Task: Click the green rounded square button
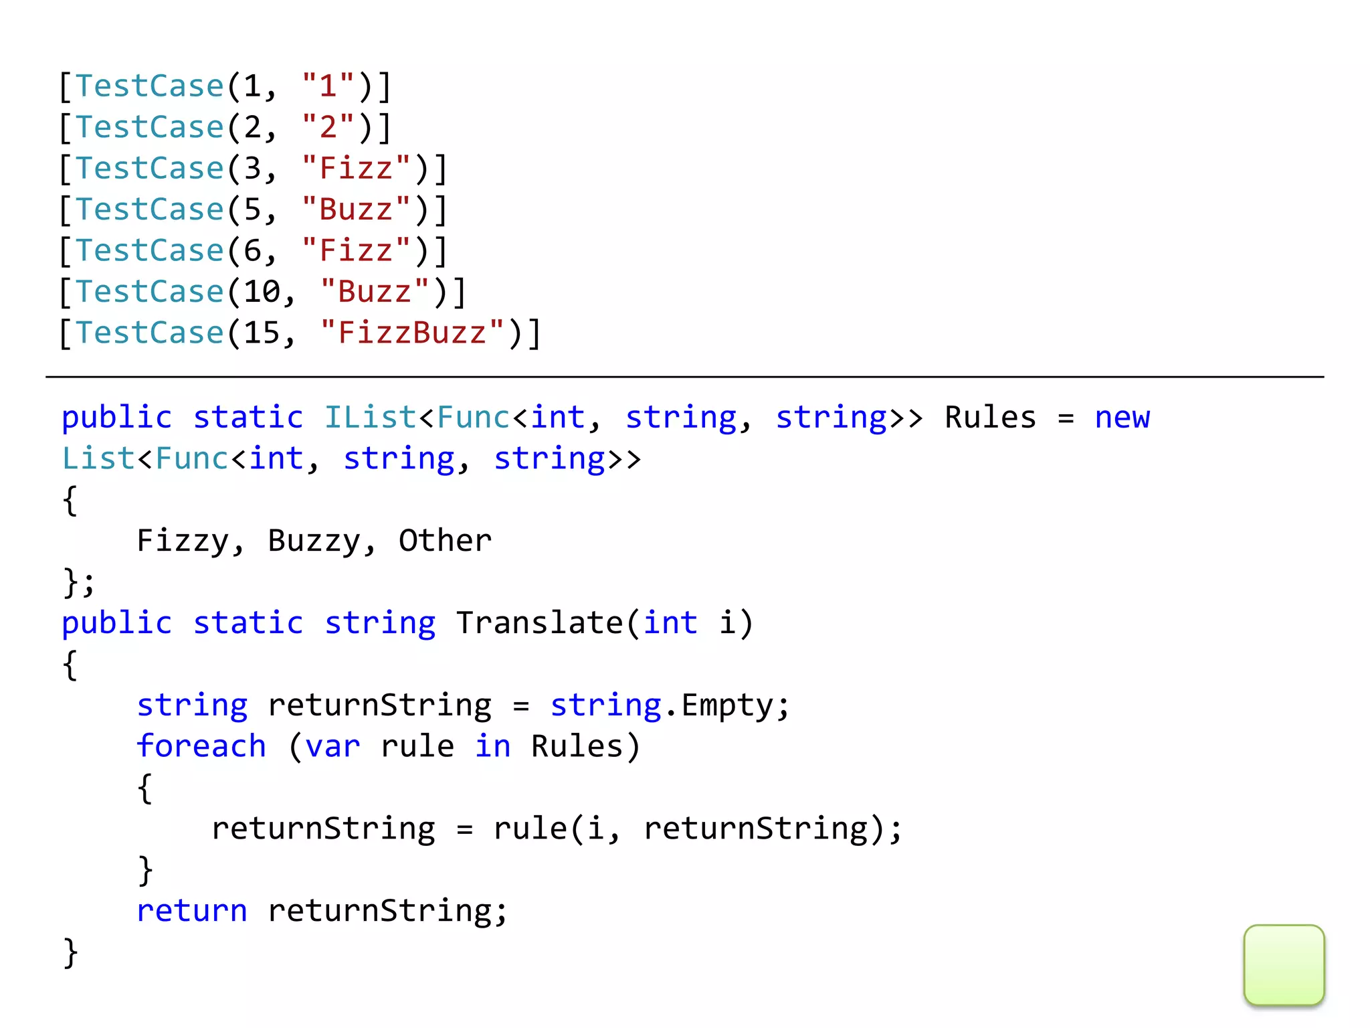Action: (x=1284, y=964)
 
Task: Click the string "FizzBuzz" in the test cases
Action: (x=412, y=333)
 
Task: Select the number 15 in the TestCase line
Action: (x=261, y=333)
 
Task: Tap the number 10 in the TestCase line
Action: (x=261, y=292)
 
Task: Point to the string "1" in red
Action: (x=328, y=86)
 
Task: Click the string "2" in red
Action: (x=328, y=127)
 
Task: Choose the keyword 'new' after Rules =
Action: (x=1122, y=418)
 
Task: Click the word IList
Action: (x=371, y=418)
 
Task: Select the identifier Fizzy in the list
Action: (x=182, y=541)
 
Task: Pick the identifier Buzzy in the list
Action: (x=313, y=541)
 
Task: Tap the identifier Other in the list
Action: (x=445, y=541)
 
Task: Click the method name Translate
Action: (x=539, y=623)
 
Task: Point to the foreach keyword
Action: (x=201, y=746)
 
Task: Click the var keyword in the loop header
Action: (x=332, y=746)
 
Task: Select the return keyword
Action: (x=191, y=911)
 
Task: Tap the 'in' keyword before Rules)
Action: (x=492, y=746)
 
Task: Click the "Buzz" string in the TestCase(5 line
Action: (x=356, y=209)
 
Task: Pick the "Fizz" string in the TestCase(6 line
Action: (x=356, y=250)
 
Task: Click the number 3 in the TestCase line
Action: (x=252, y=168)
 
